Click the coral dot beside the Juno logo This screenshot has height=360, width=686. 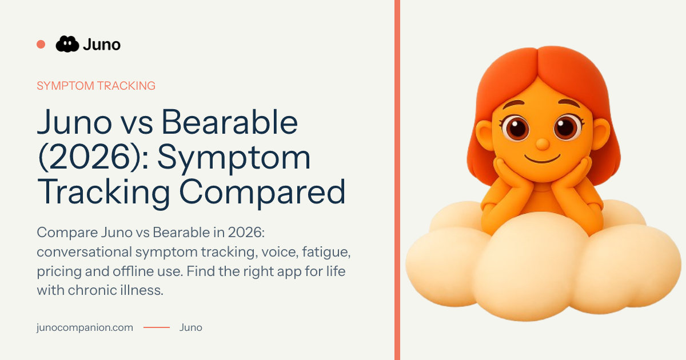click(x=41, y=45)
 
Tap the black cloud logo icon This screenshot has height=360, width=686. click(x=67, y=44)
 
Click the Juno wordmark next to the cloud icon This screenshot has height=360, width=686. click(x=102, y=45)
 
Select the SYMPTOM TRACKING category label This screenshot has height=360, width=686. click(x=96, y=86)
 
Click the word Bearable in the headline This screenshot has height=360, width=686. click(x=229, y=122)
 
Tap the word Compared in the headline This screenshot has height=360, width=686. click(x=262, y=192)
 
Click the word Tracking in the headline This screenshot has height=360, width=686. click(x=103, y=192)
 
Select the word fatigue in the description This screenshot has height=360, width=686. click(x=326, y=252)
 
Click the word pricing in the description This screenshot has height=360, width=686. click(x=59, y=272)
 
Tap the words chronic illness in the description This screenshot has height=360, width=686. click(x=115, y=290)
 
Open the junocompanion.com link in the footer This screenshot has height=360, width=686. click(x=85, y=327)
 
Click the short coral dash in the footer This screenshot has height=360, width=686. click(x=157, y=327)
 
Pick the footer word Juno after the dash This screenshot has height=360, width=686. click(x=191, y=327)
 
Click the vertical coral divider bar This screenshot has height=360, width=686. click(x=397, y=180)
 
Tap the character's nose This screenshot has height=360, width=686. click(x=543, y=144)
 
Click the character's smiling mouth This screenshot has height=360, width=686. click(x=543, y=159)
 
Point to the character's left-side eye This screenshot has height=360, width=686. click(x=516, y=127)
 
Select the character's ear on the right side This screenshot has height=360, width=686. click(x=601, y=134)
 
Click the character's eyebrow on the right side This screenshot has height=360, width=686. click(x=569, y=103)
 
